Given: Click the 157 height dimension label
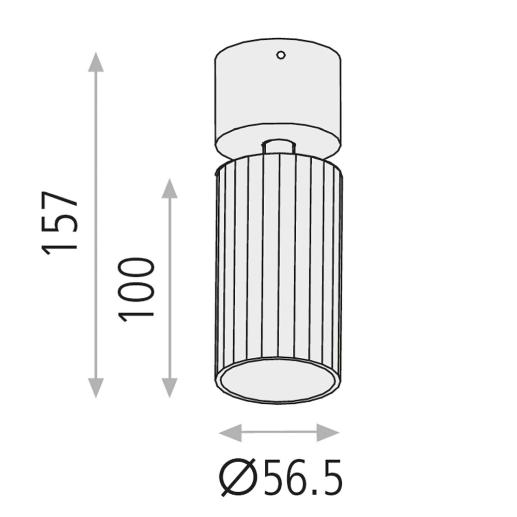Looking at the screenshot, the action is pyautogui.click(x=59, y=223).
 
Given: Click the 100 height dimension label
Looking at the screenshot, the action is pyautogui.click(x=136, y=290).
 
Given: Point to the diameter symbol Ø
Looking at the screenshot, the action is pyautogui.click(x=238, y=477).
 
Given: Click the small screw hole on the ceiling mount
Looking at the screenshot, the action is pyautogui.click(x=281, y=55).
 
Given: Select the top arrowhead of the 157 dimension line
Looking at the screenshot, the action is pyautogui.click(x=96, y=62).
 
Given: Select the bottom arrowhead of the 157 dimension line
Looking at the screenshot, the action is pyautogui.click(x=96, y=388).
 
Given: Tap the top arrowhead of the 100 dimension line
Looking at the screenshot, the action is pyautogui.click(x=170, y=188).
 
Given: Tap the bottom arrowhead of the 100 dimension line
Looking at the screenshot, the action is pyautogui.click(x=170, y=388).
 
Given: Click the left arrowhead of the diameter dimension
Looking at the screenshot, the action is pyautogui.click(x=230, y=433).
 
